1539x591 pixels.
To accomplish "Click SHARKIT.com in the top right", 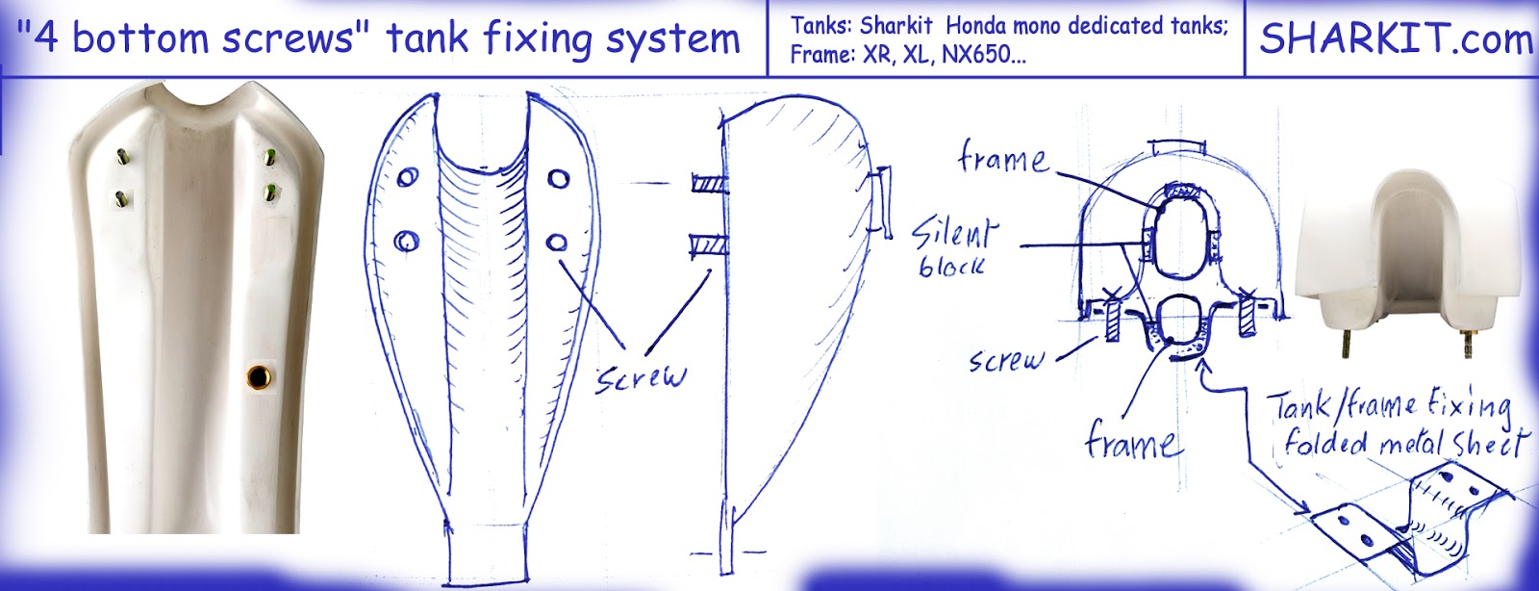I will point(1395,39).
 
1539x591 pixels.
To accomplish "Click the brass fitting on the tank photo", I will point(259,375).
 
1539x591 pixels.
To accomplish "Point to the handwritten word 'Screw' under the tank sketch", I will point(641,376).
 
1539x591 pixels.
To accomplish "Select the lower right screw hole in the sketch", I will point(557,242).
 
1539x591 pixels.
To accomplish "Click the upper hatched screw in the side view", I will point(710,182).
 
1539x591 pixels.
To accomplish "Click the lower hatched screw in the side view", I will point(708,246).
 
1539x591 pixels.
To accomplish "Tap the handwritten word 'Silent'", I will point(953,234).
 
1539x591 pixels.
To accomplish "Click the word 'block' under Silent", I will point(951,266).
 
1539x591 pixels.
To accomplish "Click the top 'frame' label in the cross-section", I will point(1003,158).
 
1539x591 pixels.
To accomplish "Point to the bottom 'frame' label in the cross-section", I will point(1130,443).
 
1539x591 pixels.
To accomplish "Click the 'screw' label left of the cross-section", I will point(1006,360).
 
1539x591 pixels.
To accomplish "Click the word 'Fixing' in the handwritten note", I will point(1467,404).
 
